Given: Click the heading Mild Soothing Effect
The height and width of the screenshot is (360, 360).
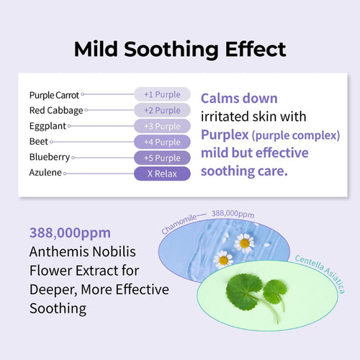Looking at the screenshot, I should (180, 49).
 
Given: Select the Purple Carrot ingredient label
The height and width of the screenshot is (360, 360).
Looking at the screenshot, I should (55, 94).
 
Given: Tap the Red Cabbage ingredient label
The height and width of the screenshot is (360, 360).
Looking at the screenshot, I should (56, 110).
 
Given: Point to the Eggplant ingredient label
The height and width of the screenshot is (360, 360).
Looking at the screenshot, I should (48, 126).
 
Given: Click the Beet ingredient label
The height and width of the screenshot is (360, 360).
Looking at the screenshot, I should (39, 142).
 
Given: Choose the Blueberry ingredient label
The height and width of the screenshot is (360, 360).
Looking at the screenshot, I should (49, 158).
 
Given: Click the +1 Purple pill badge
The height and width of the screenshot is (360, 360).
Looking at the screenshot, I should (162, 94).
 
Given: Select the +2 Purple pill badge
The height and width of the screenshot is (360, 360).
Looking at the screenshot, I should (162, 110).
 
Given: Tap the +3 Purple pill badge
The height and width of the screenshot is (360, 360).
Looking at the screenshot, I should (162, 126).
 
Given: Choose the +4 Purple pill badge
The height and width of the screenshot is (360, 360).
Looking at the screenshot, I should (162, 142).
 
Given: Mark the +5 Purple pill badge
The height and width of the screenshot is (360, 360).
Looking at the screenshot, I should (162, 158).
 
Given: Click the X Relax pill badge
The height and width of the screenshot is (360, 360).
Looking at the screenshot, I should (162, 174).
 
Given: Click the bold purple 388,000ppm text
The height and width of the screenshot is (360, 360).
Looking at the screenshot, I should (71, 233).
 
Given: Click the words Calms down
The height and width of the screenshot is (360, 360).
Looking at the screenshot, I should (238, 98).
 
